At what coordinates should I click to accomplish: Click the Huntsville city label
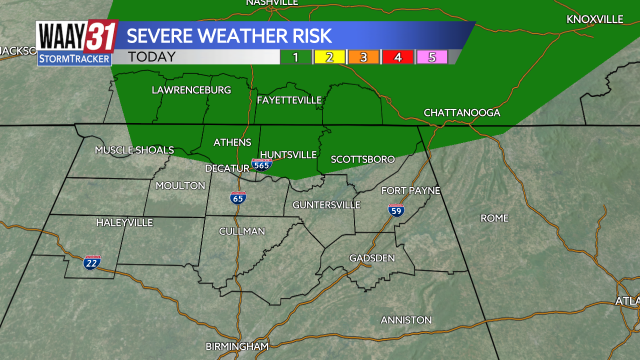[x=288, y=154]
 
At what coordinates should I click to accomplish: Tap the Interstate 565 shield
[x=261, y=164]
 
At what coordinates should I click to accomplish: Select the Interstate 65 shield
[x=238, y=198]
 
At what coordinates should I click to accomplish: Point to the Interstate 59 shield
[x=396, y=210]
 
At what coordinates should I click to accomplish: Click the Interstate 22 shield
[x=92, y=261]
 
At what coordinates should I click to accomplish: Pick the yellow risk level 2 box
[x=329, y=57]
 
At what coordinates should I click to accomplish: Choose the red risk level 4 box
[x=397, y=57]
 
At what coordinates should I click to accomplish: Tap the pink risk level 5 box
[x=431, y=57]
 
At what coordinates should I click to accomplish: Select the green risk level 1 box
[x=295, y=57]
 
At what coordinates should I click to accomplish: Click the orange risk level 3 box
[x=363, y=57]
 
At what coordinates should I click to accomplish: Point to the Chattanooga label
[x=462, y=112]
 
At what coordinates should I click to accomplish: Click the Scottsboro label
[x=363, y=159]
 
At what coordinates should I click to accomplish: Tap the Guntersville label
[x=326, y=204]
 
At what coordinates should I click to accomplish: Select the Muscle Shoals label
[x=134, y=150]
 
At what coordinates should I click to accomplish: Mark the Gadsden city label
[x=372, y=258]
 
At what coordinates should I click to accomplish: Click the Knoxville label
[x=595, y=19]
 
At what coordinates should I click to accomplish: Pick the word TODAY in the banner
[x=152, y=57]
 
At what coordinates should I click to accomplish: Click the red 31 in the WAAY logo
[x=101, y=36]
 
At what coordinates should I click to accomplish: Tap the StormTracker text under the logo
[x=74, y=59]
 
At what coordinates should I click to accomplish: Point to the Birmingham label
[x=237, y=346]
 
